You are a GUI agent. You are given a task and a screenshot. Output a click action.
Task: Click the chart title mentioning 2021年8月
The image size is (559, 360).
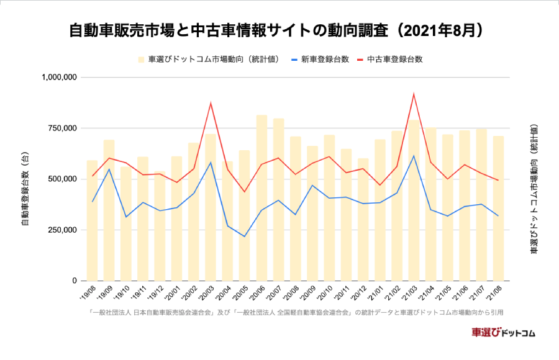(x=276, y=30)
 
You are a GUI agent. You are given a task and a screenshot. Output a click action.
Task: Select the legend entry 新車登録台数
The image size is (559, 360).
(x=320, y=60)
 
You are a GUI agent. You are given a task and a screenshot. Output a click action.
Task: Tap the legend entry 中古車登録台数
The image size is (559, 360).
(x=390, y=60)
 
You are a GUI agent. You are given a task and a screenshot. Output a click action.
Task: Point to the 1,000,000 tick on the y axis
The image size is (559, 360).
(x=60, y=77)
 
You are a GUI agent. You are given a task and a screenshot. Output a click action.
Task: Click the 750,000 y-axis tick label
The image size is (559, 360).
(x=63, y=128)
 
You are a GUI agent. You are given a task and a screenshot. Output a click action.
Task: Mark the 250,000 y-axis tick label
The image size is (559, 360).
(x=63, y=230)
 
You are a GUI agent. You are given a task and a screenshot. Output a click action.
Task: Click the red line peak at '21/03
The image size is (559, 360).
(x=414, y=94)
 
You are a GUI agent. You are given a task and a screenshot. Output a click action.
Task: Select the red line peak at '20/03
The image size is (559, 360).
(x=211, y=104)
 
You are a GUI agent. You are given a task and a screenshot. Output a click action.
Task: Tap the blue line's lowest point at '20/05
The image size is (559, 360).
(x=245, y=236)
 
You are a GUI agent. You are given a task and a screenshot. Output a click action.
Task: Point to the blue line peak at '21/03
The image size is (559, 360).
(x=414, y=156)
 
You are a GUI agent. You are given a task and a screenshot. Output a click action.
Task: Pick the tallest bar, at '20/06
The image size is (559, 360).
(x=261, y=198)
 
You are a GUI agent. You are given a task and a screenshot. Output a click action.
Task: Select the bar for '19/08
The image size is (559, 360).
(x=92, y=220)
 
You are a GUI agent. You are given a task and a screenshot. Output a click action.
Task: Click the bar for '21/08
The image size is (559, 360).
(x=498, y=209)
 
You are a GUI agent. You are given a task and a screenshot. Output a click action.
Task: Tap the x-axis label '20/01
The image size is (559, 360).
(x=174, y=292)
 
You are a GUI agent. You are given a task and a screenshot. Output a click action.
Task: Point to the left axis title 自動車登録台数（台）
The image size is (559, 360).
(x=25, y=189)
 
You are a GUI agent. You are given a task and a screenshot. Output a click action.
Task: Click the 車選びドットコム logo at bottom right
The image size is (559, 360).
(x=503, y=333)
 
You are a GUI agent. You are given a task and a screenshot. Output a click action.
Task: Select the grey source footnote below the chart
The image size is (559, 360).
(x=296, y=313)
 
